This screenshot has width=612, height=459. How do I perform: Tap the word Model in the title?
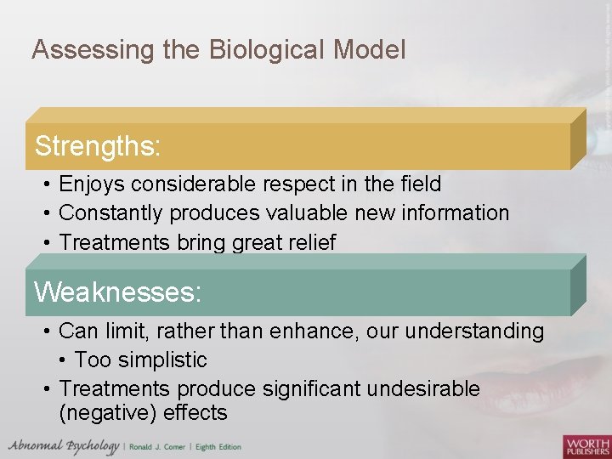pyautogui.click(x=370, y=50)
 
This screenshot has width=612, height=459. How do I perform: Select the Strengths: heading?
pyautogui.click(x=97, y=146)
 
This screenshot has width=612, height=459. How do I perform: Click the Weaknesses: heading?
pyautogui.click(x=117, y=292)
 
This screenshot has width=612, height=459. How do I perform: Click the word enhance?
pyautogui.click(x=314, y=331)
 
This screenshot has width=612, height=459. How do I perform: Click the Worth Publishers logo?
pyautogui.click(x=586, y=445)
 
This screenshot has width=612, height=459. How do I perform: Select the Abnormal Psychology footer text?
pyautogui.click(x=64, y=446)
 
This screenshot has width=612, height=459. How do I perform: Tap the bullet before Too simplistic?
pyautogui.click(x=65, y=360)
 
